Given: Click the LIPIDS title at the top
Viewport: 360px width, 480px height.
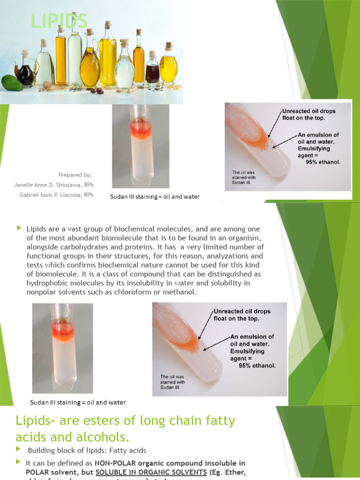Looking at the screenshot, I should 59,21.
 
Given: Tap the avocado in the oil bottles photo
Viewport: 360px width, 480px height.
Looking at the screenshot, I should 11,82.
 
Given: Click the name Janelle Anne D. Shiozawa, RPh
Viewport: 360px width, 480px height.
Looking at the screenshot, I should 53,185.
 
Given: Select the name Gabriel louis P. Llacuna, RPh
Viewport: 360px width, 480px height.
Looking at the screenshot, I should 56,195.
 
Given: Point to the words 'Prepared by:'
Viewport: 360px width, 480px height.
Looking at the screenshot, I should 75,175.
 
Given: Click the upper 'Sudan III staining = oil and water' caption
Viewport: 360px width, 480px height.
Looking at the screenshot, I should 155,197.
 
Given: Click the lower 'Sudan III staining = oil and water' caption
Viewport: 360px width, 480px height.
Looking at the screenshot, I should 78,402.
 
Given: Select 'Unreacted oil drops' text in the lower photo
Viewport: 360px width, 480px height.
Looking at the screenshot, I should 242,311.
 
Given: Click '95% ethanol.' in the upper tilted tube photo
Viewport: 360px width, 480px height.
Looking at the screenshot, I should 323,162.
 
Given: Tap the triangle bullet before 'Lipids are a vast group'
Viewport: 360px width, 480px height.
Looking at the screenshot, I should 19,228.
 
